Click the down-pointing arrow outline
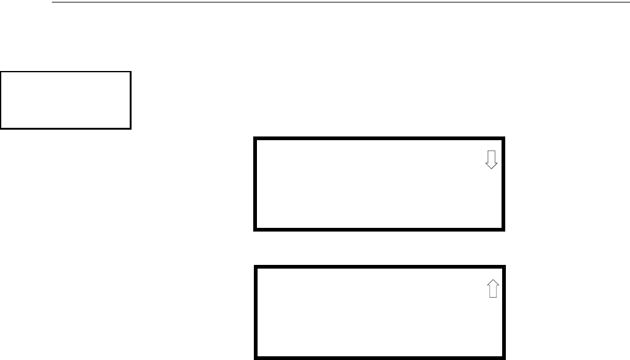(491, 160)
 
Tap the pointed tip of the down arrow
(491, 169)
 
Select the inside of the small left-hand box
(65, 100)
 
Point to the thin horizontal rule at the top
(340, 2)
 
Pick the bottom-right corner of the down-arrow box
(505, 230)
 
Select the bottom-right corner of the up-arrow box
(505, 358)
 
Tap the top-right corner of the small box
(131, 72)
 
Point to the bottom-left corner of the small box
(1, 128)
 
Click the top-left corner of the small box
(1, 72)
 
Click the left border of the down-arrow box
(255, 185)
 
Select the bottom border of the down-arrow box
(380, 230)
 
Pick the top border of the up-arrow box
(380, 267)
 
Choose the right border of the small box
(131, 100)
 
